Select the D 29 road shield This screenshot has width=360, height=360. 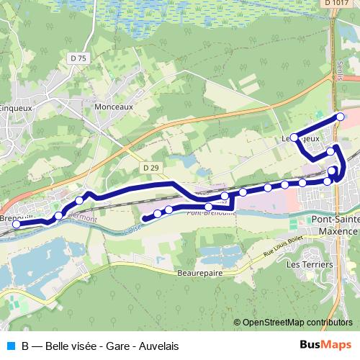click(150, 168)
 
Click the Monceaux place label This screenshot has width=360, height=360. click(114, 105)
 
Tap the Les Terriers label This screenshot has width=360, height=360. click(309, 265)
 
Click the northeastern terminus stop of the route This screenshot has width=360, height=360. click(341, 117)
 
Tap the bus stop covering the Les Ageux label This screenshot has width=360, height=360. click(294, 137)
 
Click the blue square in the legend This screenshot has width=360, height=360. click(10, 346)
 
